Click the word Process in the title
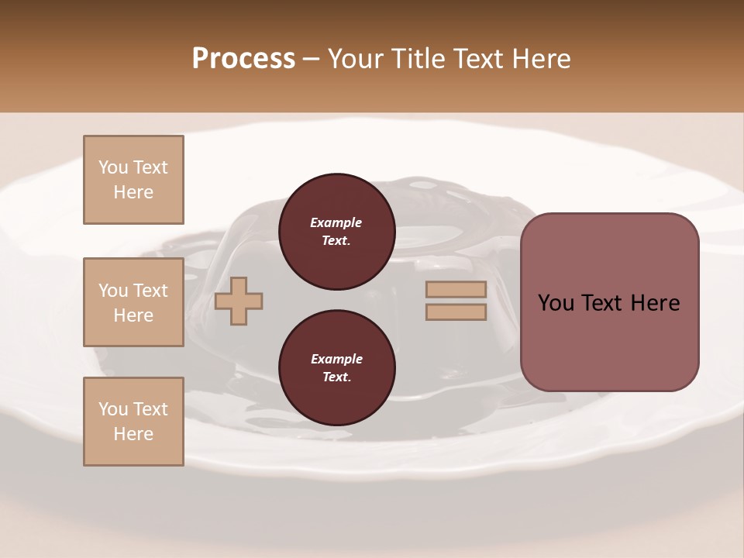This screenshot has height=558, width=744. click(243, 59)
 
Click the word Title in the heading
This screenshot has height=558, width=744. click(417, 59)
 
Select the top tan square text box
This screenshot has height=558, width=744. click(133, 180)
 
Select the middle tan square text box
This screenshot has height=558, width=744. click(133, 302)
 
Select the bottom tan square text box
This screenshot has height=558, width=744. click(133, 422)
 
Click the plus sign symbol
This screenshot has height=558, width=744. click(239, 302)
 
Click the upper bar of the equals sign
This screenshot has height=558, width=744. click(456, 290)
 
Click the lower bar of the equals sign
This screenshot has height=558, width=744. click(456, 312)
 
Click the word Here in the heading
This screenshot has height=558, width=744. click(539, 59)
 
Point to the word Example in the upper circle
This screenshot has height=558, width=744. click(336, 222)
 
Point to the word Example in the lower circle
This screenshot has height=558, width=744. click(336, 359)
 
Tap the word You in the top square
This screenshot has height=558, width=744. click(113, 167)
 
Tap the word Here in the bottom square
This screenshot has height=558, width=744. click(133, 434)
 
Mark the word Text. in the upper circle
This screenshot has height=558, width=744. click(336, 240)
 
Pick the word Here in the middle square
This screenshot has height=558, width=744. click(133, 315)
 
